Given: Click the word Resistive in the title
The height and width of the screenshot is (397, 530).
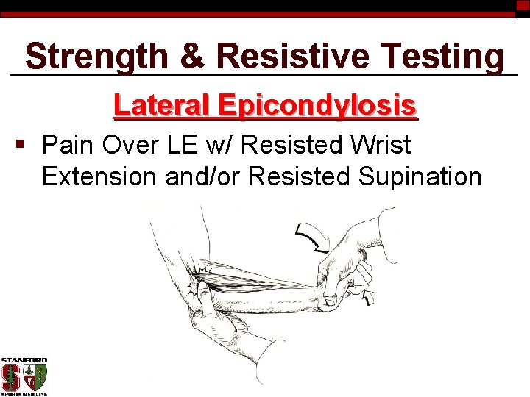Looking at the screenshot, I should click(283, 56).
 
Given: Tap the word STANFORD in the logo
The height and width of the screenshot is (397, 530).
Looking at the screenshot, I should click(24, 360).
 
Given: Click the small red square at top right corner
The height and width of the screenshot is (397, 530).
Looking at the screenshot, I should click(523, 5).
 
